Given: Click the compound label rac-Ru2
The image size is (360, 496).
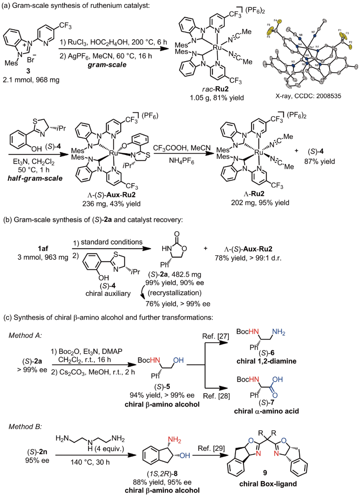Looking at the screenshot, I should point(215,89).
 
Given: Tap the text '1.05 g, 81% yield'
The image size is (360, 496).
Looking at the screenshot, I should point(217,98).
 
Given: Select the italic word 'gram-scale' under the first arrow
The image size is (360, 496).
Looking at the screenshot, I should point(107,65).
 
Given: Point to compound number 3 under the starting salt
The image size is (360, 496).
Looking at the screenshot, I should point(28,71).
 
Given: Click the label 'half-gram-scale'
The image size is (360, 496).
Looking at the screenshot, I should point(35,178).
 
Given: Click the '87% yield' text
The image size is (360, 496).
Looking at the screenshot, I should point(319,161).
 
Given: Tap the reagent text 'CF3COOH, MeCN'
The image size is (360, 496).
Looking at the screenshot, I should point(182,148).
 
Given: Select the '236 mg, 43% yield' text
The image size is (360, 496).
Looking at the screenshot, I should point(111,204).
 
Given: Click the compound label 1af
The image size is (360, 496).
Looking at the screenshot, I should point(43,248).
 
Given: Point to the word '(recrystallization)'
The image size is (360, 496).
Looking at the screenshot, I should point(175,293).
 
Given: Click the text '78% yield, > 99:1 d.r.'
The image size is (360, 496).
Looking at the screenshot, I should point(248,258).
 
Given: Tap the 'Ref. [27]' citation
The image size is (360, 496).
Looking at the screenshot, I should point(215,336).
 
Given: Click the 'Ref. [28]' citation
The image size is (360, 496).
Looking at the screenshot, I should point(216,396).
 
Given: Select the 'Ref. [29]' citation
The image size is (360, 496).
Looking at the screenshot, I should point(211,448).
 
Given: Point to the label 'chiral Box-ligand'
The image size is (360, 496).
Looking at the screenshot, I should point(268,484).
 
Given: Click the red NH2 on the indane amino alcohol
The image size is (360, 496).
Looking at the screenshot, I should point(174,440).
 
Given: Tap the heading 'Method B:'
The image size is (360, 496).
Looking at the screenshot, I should point(25,427).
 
